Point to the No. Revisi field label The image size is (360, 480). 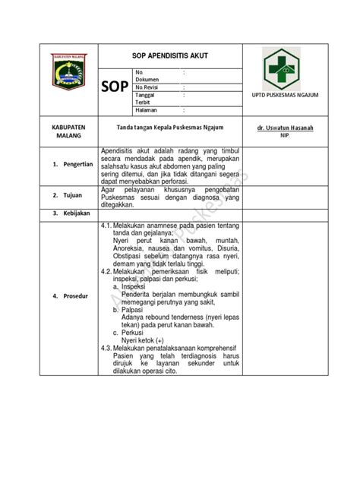point(150,87)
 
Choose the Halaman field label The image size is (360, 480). point(147,109)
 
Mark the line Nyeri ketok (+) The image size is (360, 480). point(142,340)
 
